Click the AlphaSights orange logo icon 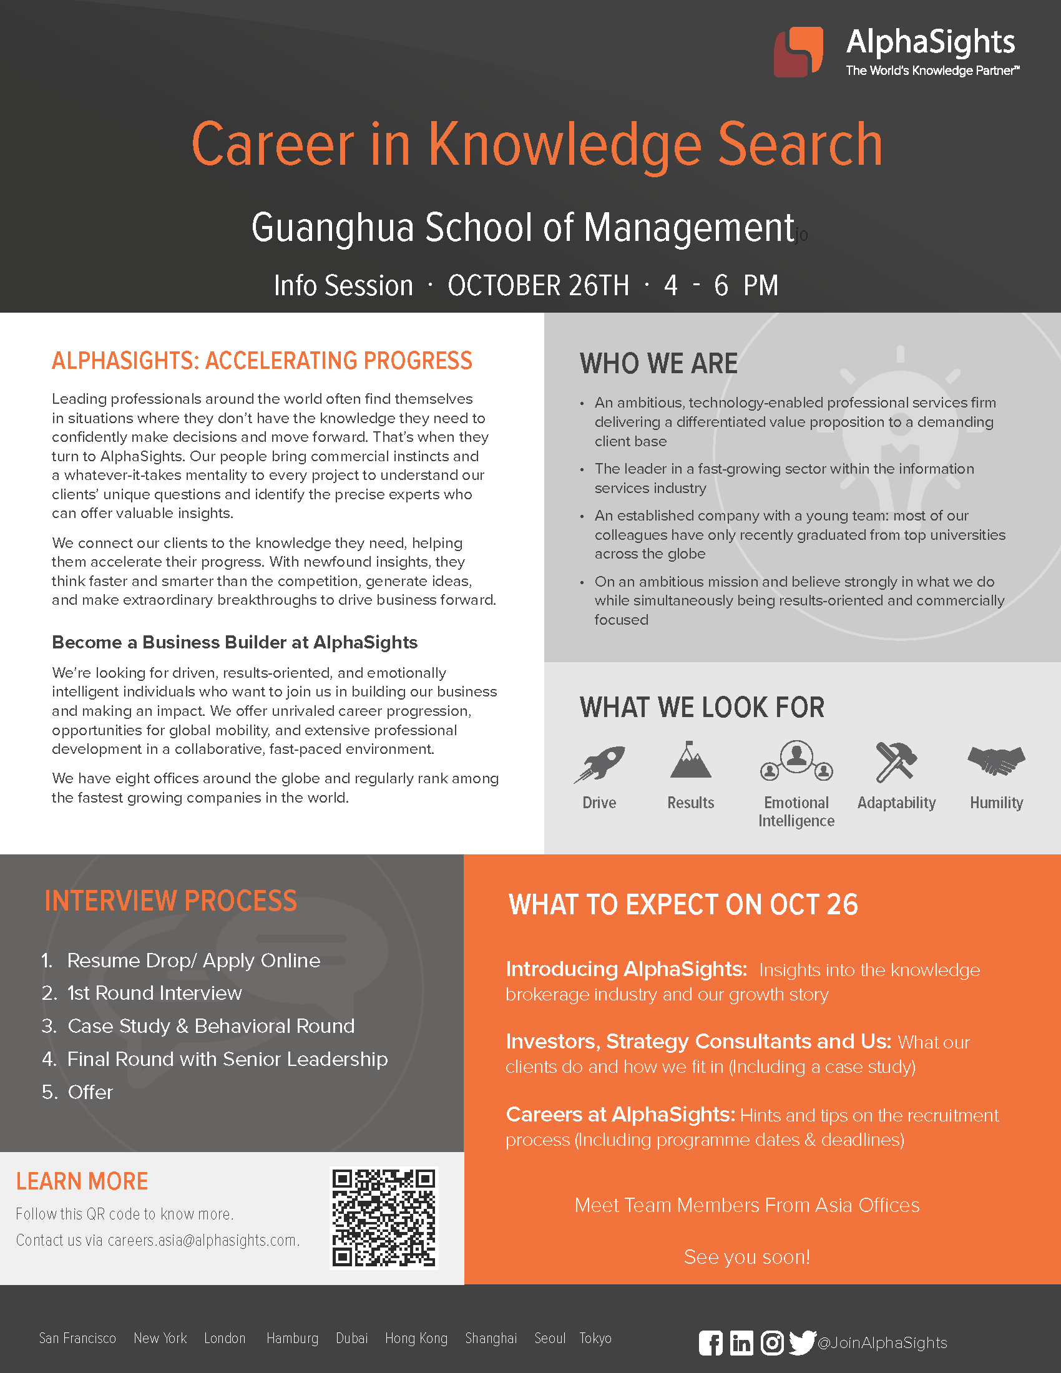tap(798, 52)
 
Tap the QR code tap(383, 1218)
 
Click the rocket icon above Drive tap(599, 763)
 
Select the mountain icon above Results tap(690, 760)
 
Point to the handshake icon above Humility tap(996, 760)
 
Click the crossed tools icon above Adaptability tap(896, 762)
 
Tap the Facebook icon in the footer tap(711, 1343)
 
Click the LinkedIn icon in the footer tap(741, 1343)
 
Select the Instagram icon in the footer tap(772, 1343)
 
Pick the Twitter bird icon tap(802, 1342)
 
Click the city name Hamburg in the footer tap(292, 1338)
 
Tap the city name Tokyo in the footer tap(595, 1338)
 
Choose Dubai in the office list tap(352, 1338)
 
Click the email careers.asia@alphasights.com tap(202, 1239)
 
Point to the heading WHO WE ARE tap(658, 363)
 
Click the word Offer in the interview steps tap(90, 1092)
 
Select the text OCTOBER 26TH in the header tap(538, 285)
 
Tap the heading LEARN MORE tap(82, 1181)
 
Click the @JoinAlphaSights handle tap(882, 1343)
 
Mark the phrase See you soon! tap(746, 1257)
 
